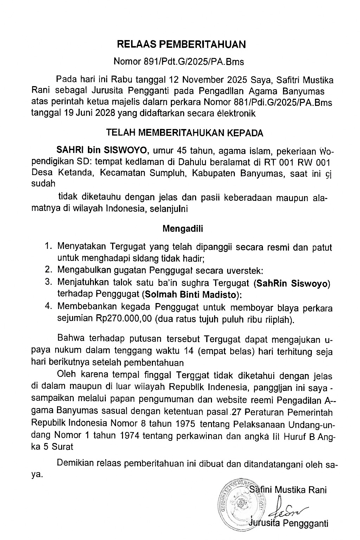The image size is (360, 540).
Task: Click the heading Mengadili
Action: (x=182, y=229)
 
